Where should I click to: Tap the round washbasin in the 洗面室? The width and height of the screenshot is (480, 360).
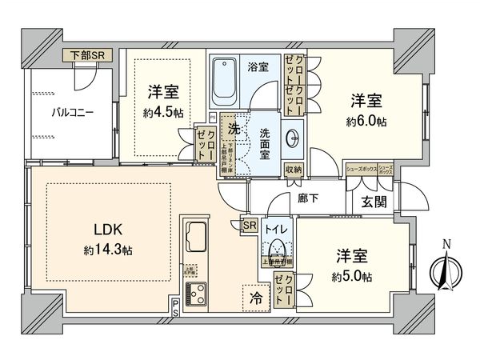coord(293,137)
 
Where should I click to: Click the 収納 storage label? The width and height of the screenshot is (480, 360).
coord(294,169)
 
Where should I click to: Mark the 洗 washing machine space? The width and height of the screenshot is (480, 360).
coord(234,128)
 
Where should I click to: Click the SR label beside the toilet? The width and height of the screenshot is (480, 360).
coord(250,226)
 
